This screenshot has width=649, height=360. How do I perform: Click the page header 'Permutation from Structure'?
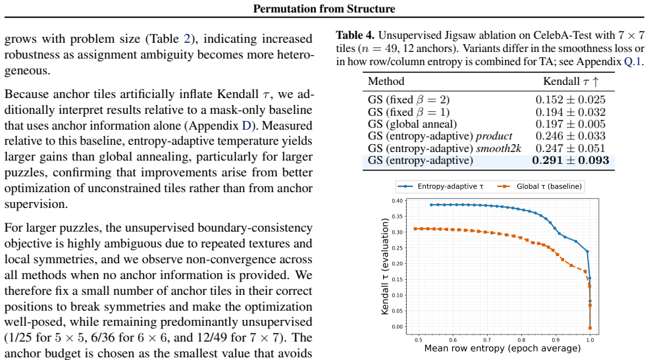324,9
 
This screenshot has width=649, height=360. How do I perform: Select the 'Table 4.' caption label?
355,35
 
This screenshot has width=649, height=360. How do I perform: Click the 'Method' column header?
386,81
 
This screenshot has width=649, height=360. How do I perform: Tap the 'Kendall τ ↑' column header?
571,82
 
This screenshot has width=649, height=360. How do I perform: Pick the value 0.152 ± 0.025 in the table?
571,100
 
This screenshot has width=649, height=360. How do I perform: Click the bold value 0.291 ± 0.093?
571,161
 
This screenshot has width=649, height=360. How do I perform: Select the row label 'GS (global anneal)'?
412,124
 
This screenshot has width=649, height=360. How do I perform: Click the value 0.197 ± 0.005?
571,124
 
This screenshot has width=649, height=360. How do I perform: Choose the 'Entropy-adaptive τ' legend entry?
441,187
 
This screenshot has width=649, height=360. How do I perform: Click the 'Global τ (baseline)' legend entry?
540,187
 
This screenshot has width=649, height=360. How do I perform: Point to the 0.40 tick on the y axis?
398,201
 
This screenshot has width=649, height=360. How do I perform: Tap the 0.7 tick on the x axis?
487,340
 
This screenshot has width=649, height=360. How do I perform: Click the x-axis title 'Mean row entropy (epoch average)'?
502,348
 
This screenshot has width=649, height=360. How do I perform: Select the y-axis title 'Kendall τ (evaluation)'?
385,267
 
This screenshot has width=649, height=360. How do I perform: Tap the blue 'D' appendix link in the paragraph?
247,126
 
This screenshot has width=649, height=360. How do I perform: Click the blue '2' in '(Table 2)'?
187,39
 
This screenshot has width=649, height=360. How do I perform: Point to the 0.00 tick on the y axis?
398,327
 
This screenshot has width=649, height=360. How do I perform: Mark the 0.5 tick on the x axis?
419,340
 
